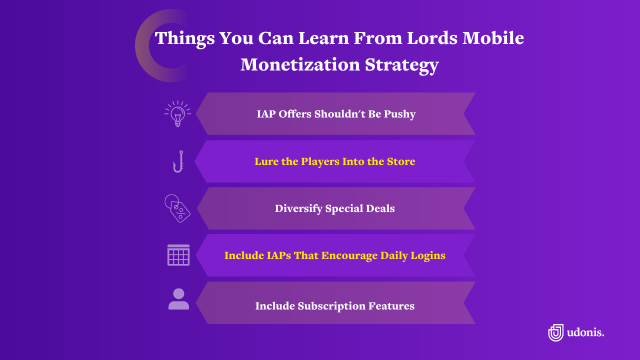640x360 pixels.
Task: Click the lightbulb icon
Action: (177, 113)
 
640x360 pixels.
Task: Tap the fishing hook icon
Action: (178, 161)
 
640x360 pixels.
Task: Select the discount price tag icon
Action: (178, 208)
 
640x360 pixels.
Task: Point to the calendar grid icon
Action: (178, 255)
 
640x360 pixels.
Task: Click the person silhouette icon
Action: (178, 299)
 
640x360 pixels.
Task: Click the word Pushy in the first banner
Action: (398, 114)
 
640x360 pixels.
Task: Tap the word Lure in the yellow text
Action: (266, 161)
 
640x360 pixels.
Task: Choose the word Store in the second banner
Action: (400, 161)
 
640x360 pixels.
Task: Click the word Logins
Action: (428, 255)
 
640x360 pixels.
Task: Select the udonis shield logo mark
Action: (555, 332)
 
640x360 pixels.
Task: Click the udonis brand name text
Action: (585, 332)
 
